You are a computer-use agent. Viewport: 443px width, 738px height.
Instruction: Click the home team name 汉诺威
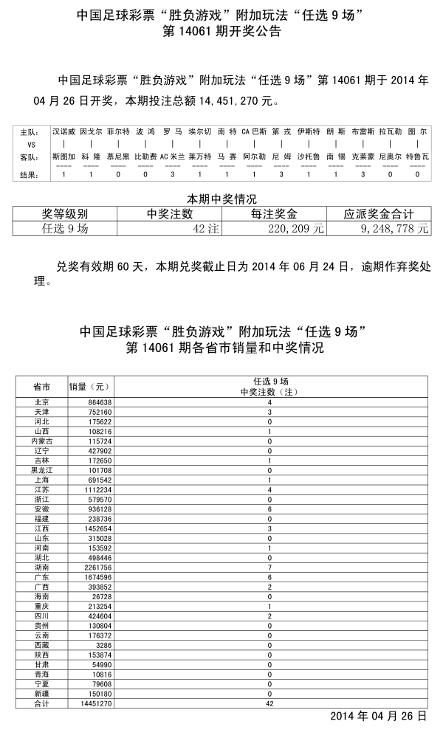click(x=63, y=131)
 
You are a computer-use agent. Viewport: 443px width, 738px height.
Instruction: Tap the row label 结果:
click(x=29, y=175)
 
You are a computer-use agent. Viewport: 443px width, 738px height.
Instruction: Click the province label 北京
click(x=42, y=402)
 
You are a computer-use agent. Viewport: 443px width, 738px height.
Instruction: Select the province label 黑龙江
click(x=42, y=469)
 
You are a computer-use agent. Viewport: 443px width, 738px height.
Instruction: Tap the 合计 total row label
click(x=42, y=705)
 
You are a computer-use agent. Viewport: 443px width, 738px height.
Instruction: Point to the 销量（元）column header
click(x=89, y=387)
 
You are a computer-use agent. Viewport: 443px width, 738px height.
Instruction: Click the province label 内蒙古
click(x=42, y=440)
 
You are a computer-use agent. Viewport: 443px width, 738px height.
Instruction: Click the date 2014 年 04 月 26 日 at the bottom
click(x=378, y=716)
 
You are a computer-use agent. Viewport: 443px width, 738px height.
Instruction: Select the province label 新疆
click(x=42, y=694)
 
